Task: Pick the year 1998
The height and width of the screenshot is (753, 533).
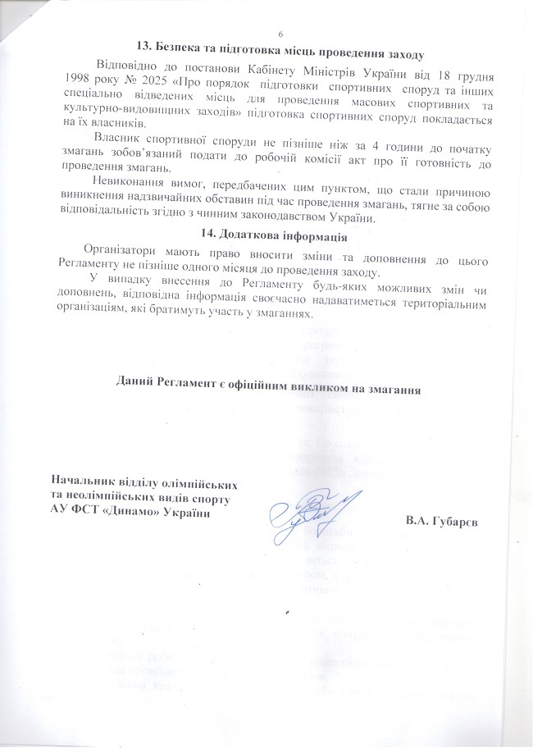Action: tap(69, 81)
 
